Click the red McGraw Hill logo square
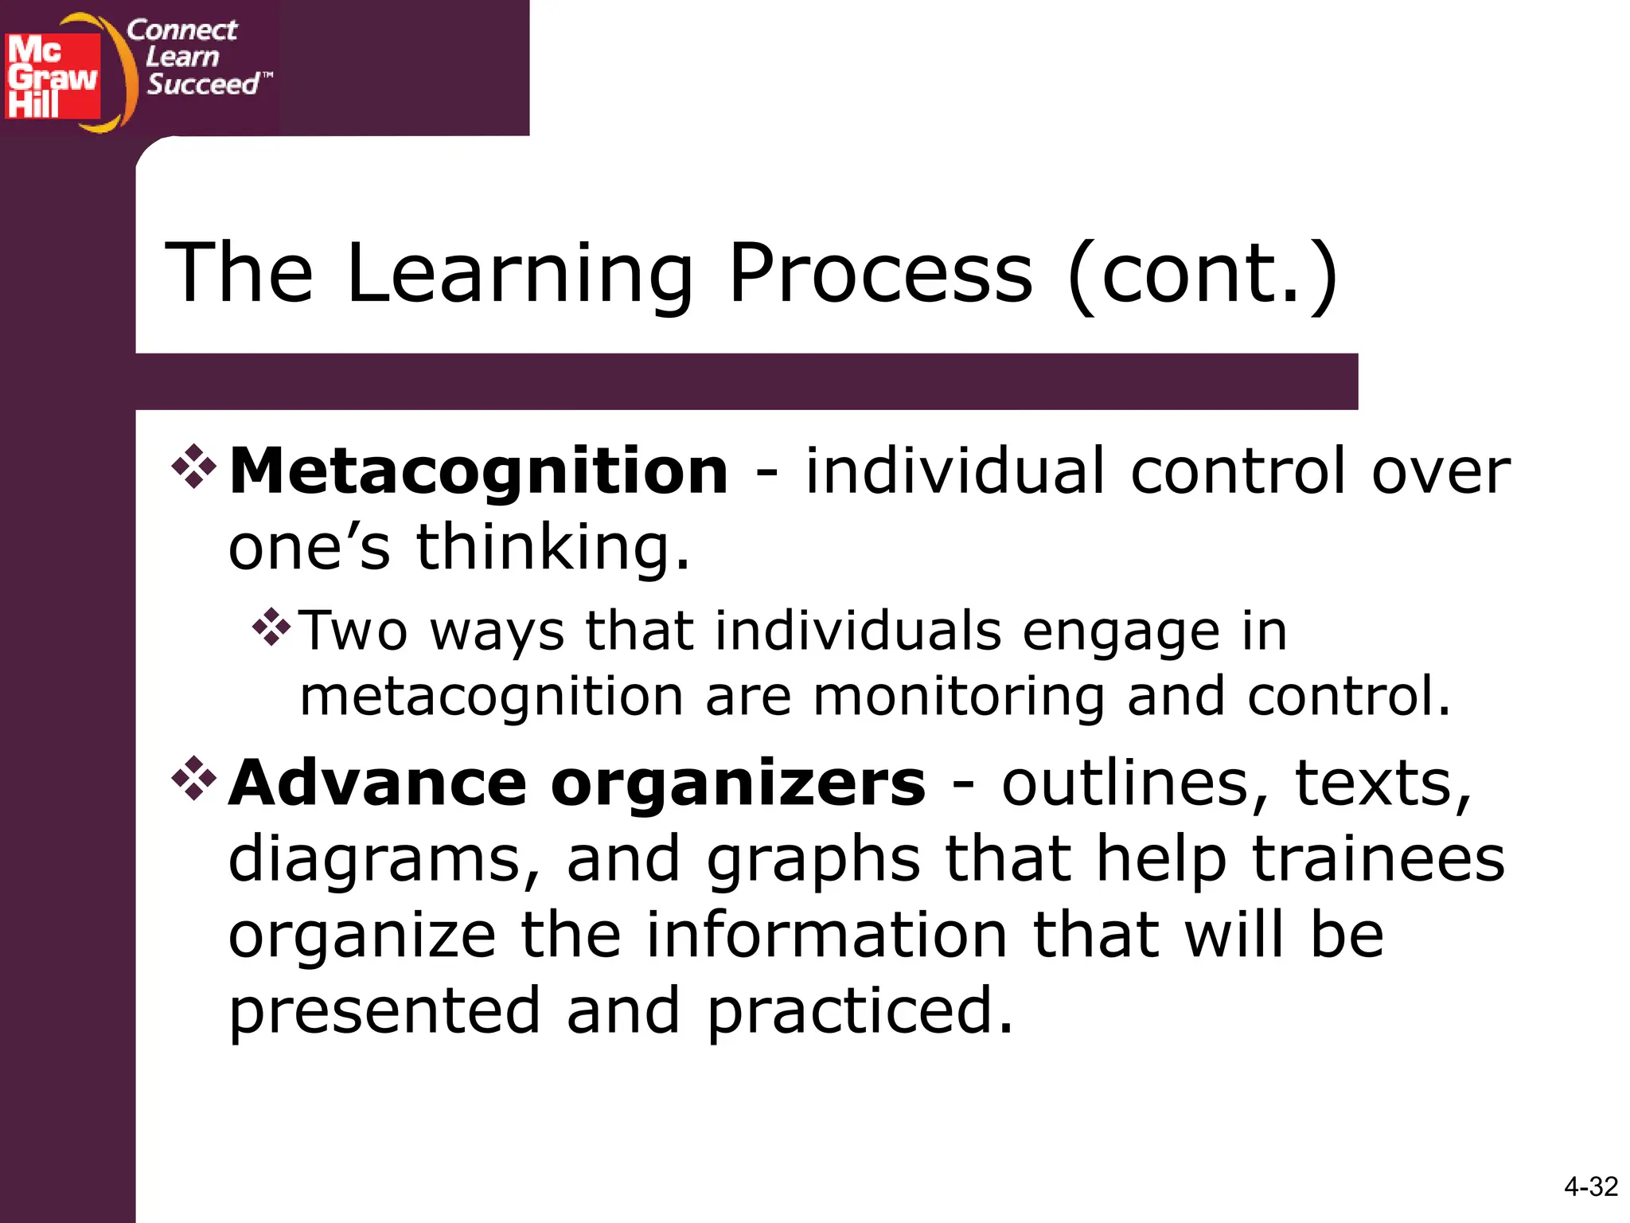pyautogui.click(x=53, y=76)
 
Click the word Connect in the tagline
pyautogui.click(x=181, y=30)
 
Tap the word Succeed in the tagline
pyautogui.click(x=203, y=84)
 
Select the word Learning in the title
pyautogui.click(x=520, y=275)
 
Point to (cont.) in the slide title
pyautogui.click(x=1203, y=275)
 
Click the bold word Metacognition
pyautogui.click(x=478, y=471)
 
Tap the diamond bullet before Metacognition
pyautogui.click(x=193, y=465)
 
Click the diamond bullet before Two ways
pyautogui.click(x=271, y=626)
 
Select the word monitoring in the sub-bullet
pyautogui.click(x=958, y=696)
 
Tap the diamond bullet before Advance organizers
pyautogui.click(x=193, y=777)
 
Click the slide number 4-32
pyautogui.click(x=1590, y=1187)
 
